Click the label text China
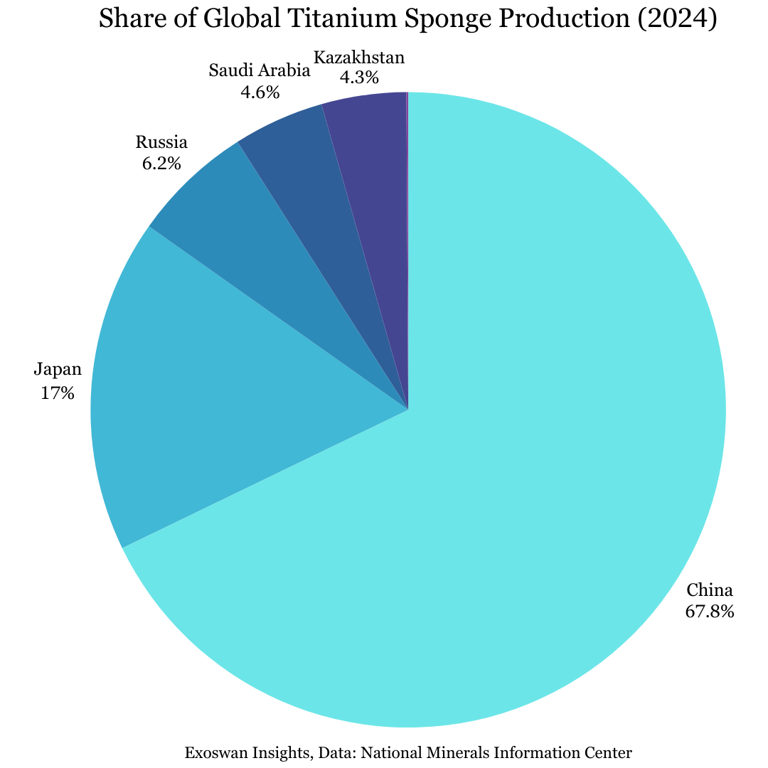[x=709, y=590]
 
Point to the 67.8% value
[x=709, y=611]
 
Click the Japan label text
[x=58, y=369]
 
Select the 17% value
[x=58, y=393]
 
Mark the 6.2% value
[x=161, y=164]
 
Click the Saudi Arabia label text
[x=260, y=70]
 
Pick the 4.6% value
[x=260, y=92]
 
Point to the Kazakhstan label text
[x=359, y=57]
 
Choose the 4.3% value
[x=359, y=78]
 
